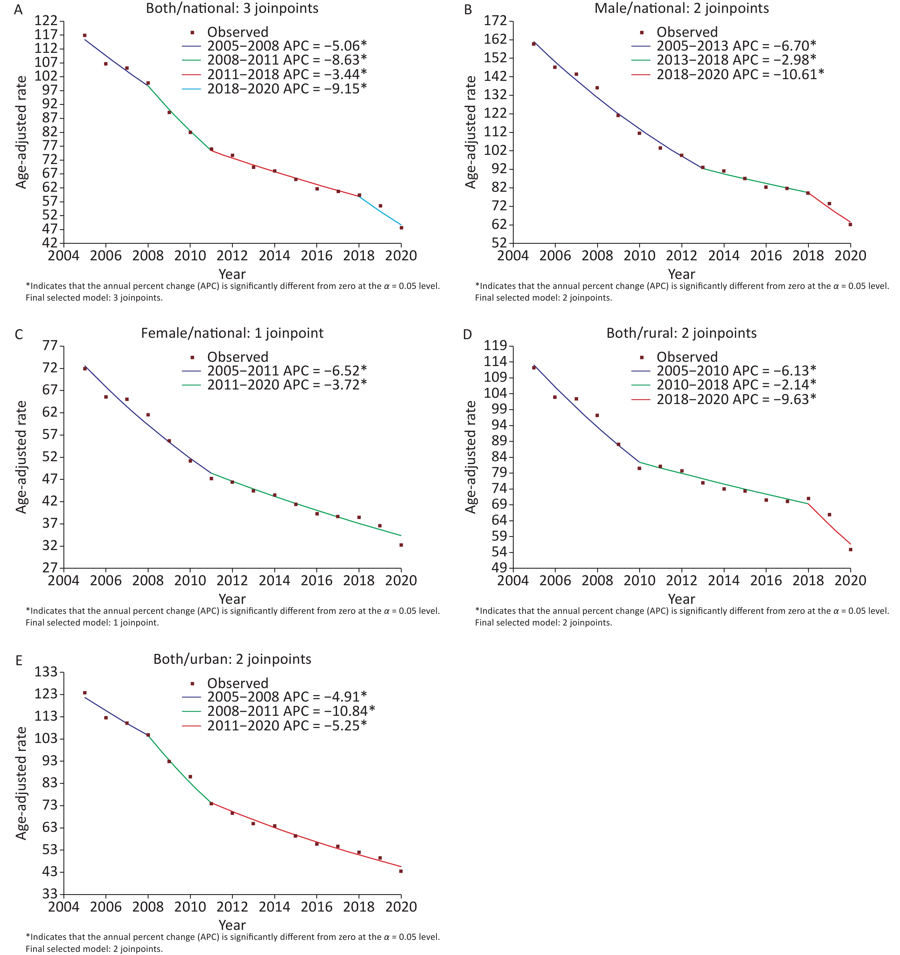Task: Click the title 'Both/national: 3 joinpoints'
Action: pyautogui.click(x=232, y=8)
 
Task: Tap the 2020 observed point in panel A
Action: pyautogui.click(x=401, y=228)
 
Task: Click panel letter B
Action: pyautogui.click(x=468, y=10)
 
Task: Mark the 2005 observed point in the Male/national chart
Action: pyautogui.click(x=533, y=44)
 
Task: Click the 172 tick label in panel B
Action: pyautogui.click(x=496, y=21)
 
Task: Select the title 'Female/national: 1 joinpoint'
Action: pyautogui.click(x=232, y=333)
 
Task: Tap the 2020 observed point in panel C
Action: pyautogui.click(x=401, y=545)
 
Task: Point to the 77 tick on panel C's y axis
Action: pyautogui.click(x=50, y=346)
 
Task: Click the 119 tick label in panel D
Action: pyautogui.click(x=496, y=345)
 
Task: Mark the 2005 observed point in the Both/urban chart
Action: pyautogui.click(x=85, y=693)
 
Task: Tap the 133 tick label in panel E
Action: pyautogui.click(x=46, y=672)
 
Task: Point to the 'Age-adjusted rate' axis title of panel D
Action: pyautogui.click(x=471, y=457)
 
